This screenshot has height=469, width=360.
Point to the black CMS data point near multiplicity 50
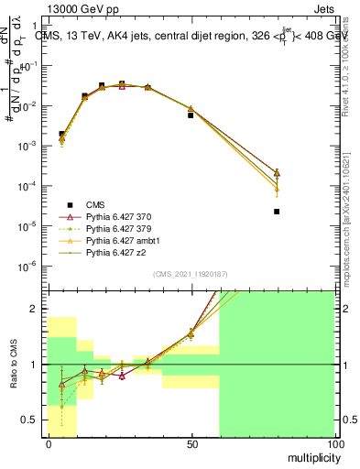point(191,115)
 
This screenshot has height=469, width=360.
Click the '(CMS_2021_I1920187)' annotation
point(191,274)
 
